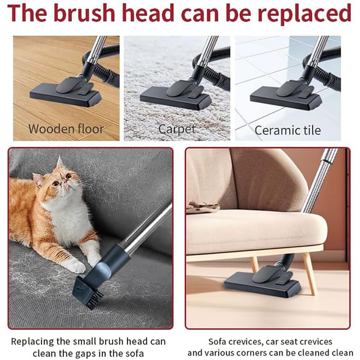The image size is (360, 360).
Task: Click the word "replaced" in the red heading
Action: coord(304,13)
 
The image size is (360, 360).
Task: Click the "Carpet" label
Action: coord(177,129)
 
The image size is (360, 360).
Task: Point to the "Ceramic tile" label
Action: coord(288,130)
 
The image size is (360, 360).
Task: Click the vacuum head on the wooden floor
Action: coord(66,92)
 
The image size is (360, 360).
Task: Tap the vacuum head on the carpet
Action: coord(176,94)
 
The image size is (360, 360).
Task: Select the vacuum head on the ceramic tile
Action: coord(286,94)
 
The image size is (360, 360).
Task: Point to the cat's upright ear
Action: coord(59,163)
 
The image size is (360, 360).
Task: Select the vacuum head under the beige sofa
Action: coord(263,281)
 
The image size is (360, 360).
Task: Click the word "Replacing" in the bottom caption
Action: coord(32,342)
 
